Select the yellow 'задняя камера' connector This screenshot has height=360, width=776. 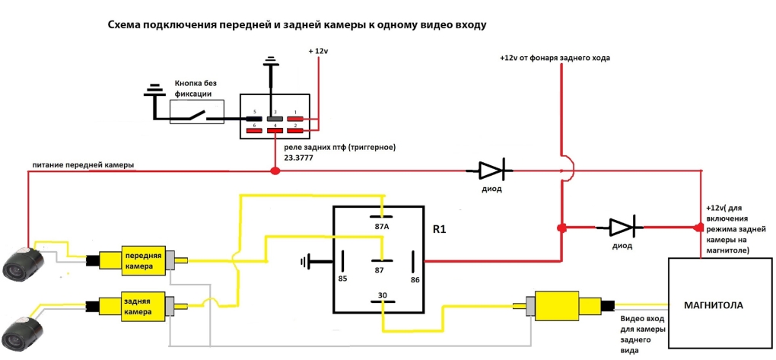[145, 306]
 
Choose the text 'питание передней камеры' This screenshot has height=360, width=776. [83, 165]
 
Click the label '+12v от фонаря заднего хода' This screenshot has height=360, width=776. [555, 58]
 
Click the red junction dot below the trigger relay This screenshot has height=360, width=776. [275, 170]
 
